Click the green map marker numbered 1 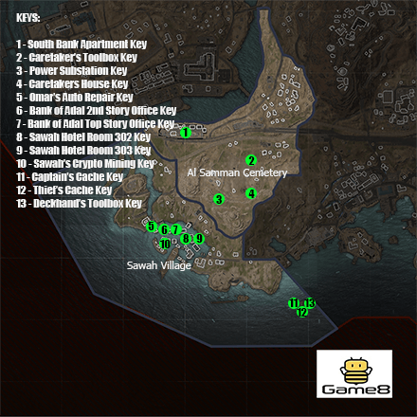(185, 133)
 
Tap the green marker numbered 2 (251, 160)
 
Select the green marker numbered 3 (219, 199)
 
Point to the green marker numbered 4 (251, 193)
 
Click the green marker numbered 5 (151, 227)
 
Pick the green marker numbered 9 (198, 238)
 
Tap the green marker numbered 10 (165, 245)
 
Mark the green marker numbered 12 (302, 312)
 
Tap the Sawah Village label (159, 266)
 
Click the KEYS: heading (29, 18)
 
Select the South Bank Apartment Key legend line (71, 45)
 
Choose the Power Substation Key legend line (72, 70)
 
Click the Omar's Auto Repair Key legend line (75, 97)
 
